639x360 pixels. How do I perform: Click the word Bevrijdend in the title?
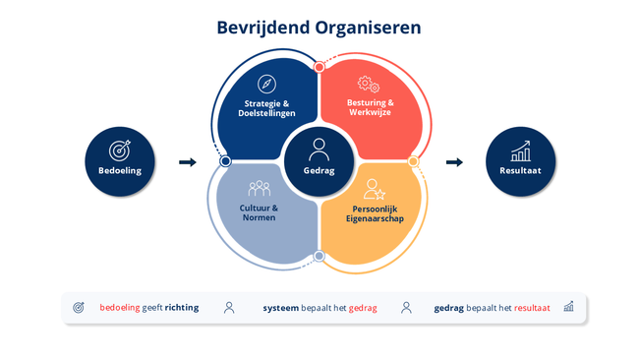[263, 29]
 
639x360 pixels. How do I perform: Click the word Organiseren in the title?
[368, 29]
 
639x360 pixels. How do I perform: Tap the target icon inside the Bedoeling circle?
[119, 150]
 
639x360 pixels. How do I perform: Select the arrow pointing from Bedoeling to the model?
[188, 162]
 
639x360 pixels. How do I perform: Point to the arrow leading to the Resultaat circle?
[454, 162]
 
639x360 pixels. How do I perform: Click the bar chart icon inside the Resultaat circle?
[521, 150]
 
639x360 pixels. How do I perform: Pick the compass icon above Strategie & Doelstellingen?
[267, 84]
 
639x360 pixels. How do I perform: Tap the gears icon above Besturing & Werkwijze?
[369, 84]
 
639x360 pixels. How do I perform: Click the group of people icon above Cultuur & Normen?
[260, 188]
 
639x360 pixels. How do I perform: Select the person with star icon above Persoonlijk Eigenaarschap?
[375, 189]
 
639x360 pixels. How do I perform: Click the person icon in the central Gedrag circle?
[319, 150]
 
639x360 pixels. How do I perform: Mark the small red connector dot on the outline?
[319, 67]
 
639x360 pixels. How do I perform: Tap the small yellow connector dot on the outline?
[413, 161]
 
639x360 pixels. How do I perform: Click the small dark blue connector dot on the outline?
[225, 161]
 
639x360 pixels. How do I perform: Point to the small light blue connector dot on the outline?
[319, 256]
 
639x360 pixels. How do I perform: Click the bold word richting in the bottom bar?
[182, 308]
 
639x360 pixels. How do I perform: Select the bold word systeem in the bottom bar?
[281, 308]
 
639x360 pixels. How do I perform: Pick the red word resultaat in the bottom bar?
[532, 308]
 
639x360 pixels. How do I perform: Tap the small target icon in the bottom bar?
[79, 308]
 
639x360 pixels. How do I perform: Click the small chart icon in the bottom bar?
[568, 307]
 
